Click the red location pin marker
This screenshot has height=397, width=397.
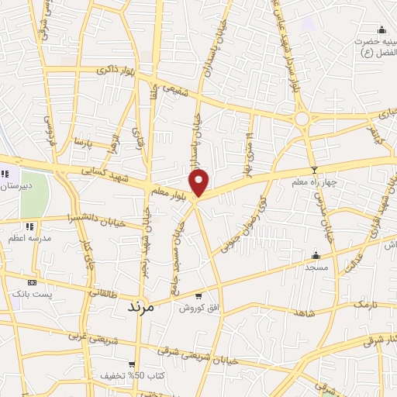coord(200,182)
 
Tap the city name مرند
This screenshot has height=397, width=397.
coord(140,307)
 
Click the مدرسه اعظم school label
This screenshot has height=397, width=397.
coord(30,239)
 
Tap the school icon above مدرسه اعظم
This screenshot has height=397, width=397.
coord(29,226)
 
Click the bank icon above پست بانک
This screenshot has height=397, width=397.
coord(31,283)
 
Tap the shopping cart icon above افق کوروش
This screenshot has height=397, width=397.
coord(199,295)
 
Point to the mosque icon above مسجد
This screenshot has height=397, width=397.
coord(315,255)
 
